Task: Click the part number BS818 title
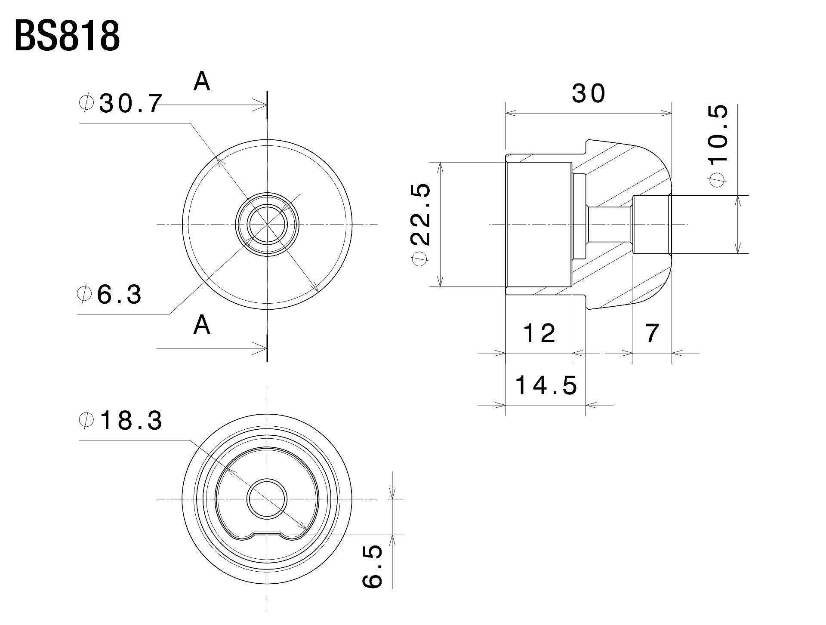click(x=67, y=37)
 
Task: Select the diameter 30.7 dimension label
click(x=121, y=104)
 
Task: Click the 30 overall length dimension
click(x=589, y=93)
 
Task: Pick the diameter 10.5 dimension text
click(x=719, y=145)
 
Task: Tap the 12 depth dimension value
click(x=539, y=333)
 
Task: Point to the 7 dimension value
click(x=652, y=333)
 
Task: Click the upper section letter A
click(x=202, y=81)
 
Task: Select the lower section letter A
click(x=202, y=325)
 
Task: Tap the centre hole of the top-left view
click(x=267, y=224)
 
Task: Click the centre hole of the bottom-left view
click(x=267, y=499)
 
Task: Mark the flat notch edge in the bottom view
click(x=267, y=533)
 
